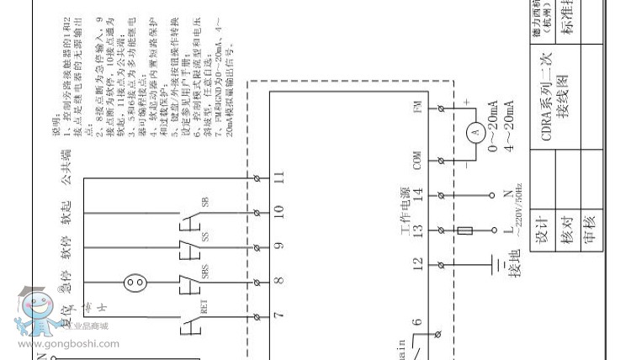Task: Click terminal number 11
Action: [279, 177]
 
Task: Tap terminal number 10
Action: [279, 211]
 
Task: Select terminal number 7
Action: [279, 315]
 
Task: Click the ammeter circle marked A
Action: [474, 133]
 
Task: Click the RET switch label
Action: [204, 309]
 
